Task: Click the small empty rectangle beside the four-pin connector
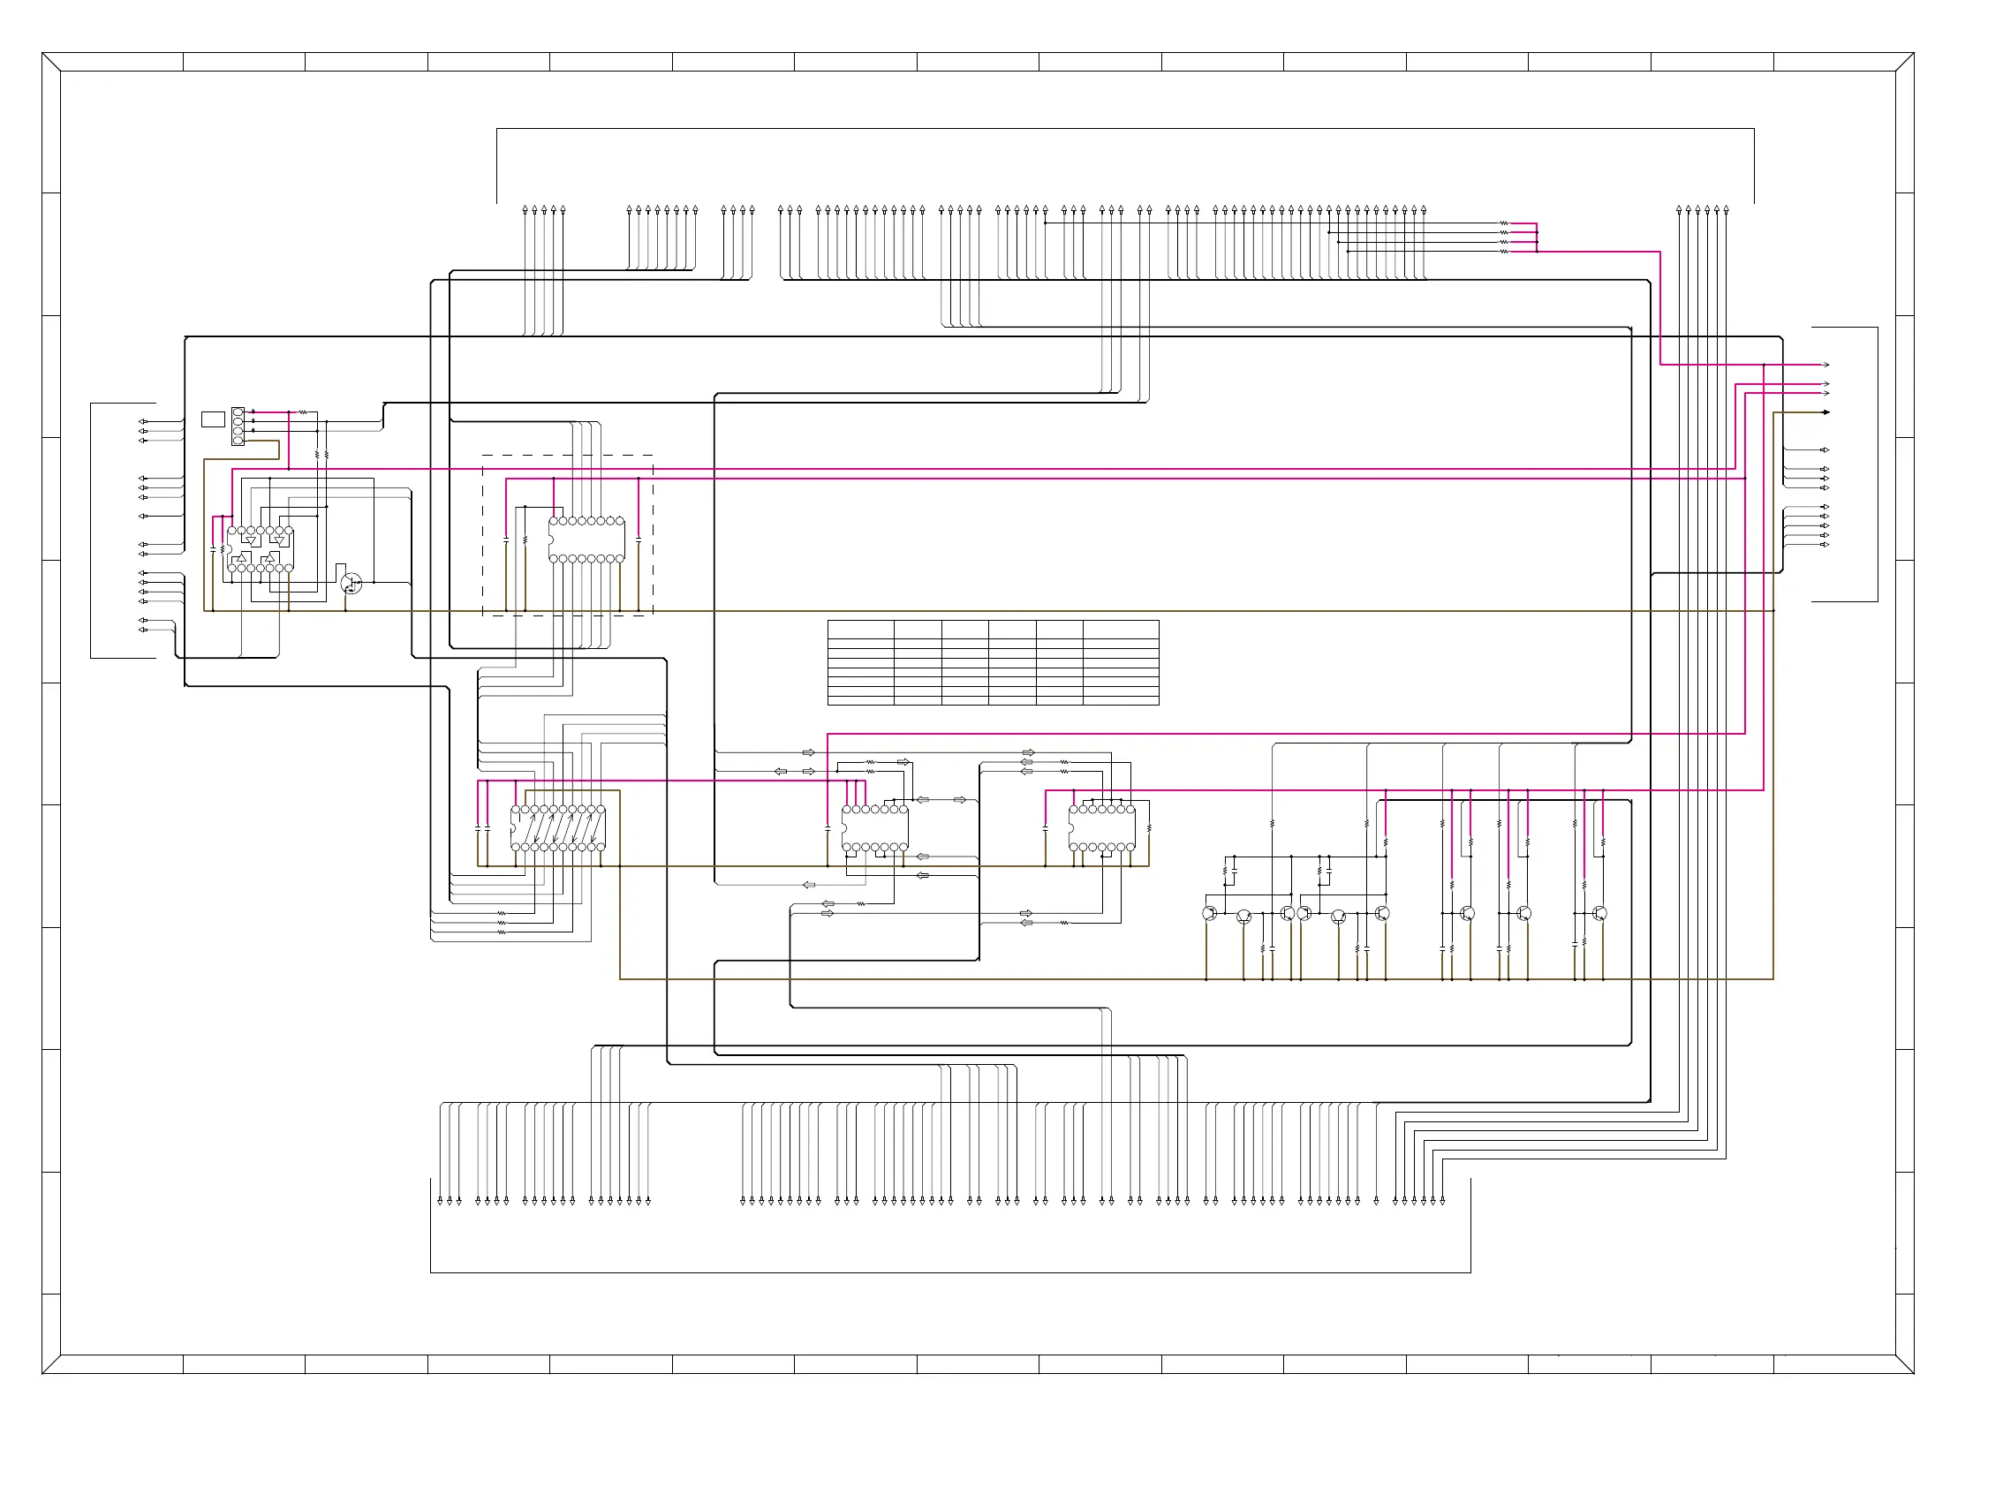click(x=213, y=419)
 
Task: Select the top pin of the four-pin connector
click(x=238, y=412)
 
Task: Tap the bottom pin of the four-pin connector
click(x=238, y=441)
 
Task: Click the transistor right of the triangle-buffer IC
click(x=352, y=584)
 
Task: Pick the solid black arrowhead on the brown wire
click(x=1826, y=412)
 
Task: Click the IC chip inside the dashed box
click(x=587, y=540)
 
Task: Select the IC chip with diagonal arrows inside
click(x=558, y=828)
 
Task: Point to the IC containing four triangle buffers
click(x=261, y=549)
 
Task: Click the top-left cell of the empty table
click(x=860, y=630)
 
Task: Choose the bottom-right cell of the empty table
click(x=1121, y=701)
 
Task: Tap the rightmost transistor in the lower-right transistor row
click(x=1599, y=914)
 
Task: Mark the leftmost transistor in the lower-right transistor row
click(x=1210, y=914)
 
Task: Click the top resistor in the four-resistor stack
click(x=1504, y=223)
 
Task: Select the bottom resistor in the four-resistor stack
click(x=1504, y=252)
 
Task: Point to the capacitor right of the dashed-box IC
click(x=639, y=540)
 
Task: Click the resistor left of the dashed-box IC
click(x=525, y=540)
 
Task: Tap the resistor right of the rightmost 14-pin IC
click(x=1150, y=828)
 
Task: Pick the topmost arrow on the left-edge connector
click(x=142, y=421)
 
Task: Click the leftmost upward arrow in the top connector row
click(x=525, y=210)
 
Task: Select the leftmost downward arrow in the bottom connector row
click(x=440, y=1202)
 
